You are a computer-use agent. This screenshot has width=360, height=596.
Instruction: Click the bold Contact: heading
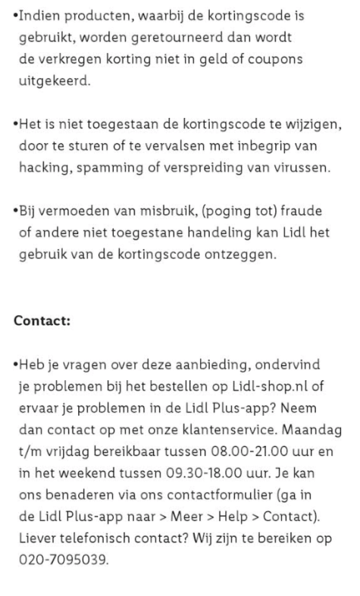[x=42, y=321]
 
